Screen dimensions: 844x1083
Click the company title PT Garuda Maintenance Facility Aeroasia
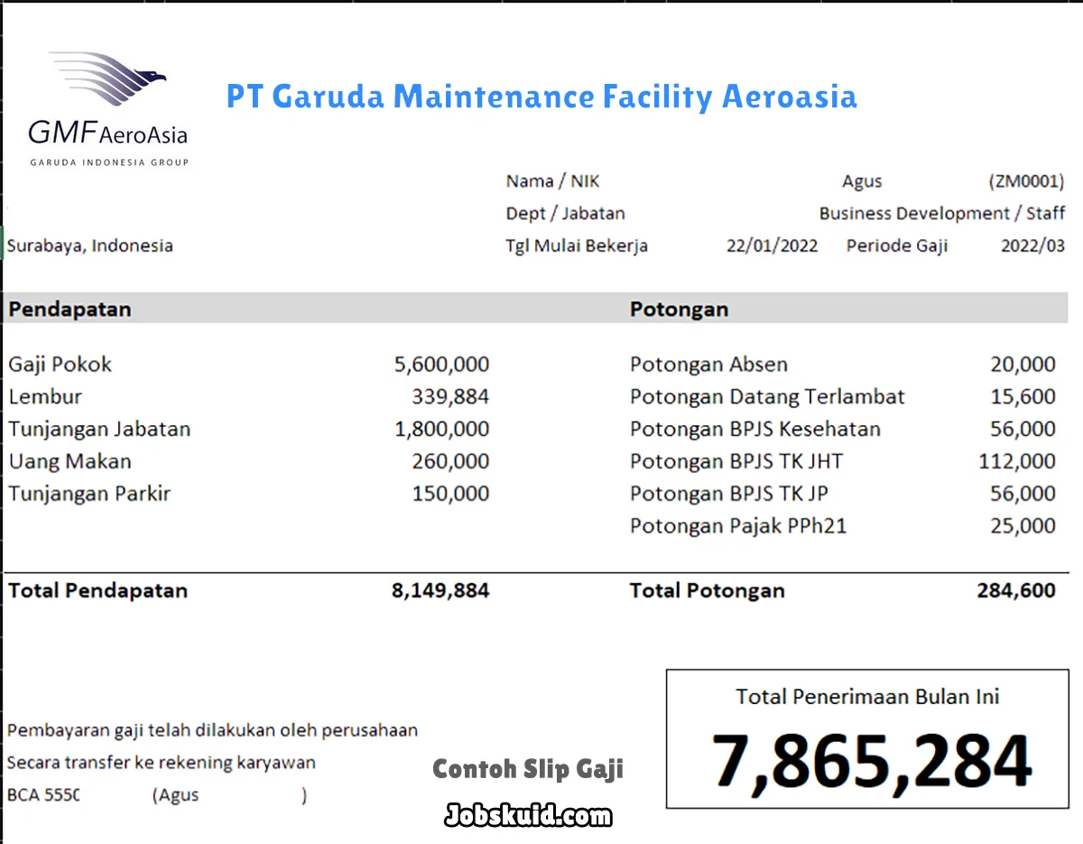[541, 97]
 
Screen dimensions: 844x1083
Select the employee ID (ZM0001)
[1026, 181]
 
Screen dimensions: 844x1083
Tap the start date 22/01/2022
[772, 246]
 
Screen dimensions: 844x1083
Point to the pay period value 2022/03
[1032, 246]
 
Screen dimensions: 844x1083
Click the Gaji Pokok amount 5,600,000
[441, 365]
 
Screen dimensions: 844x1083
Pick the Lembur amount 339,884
[450, 397]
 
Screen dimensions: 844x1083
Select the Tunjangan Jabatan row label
[99, 429]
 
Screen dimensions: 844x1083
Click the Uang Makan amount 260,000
[450, 461]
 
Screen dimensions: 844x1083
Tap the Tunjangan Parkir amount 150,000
[450, 494]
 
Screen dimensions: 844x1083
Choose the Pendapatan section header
[69, 309]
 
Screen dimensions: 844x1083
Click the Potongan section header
[679, 309]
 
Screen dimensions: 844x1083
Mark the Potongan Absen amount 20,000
[1023, 365]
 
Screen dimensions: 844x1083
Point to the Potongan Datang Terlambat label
[767, 397]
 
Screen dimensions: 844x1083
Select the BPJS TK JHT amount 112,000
[1016, 461]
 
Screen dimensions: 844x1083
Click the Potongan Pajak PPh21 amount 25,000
[1023, 525]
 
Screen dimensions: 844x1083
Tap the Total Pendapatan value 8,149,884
[440, 591]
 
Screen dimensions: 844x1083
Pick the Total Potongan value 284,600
[1015, 591]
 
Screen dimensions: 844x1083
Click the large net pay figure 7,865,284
[871, 761]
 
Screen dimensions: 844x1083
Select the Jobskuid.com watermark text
[528, 816]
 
